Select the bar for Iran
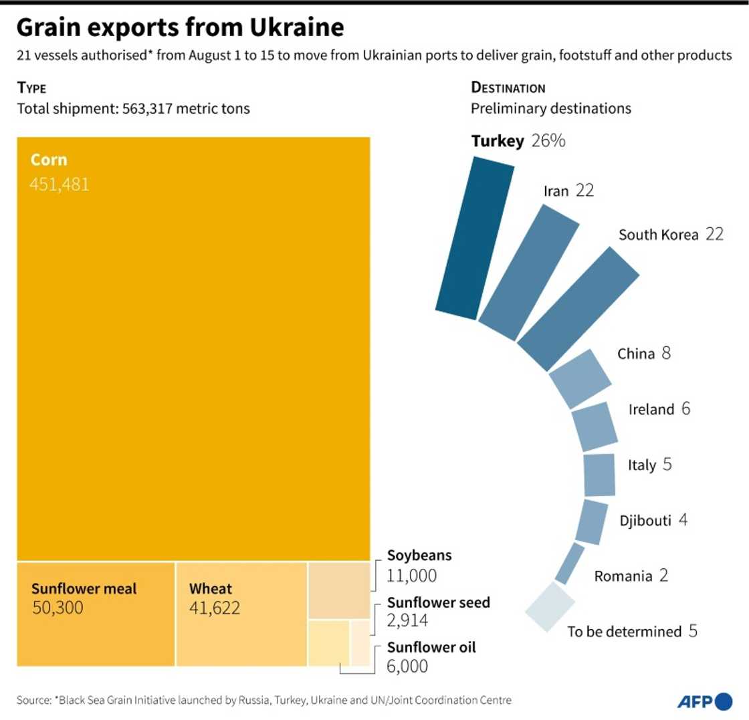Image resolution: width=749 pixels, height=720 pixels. click(x=529, y=273)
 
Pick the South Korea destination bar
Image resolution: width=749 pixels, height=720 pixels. click(x=578, y=310)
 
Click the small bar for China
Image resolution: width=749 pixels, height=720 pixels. click(x=580, y=378)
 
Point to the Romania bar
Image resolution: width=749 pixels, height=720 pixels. click(x=569, y=564)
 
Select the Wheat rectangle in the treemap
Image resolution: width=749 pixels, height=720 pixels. click(x=241, y=614)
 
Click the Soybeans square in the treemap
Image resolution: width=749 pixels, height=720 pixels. click(x=338, y=590)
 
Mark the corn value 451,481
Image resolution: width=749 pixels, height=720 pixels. click(x=59, y=184)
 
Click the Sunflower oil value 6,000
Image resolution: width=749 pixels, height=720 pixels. click(x=407, y=666)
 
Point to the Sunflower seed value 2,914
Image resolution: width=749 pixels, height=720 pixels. click(x=407, y=620)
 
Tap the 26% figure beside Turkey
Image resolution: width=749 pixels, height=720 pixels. click(x=550, y=141)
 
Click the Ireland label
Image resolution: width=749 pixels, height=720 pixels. click(x=651, y=410)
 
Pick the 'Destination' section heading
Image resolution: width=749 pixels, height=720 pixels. click(x=508, y=88)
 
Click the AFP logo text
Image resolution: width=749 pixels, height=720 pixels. click(x=695, y=702)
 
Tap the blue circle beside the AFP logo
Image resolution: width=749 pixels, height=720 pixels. click(x=724, y=701)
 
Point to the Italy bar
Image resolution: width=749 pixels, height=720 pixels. click(x=599, y=475)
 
